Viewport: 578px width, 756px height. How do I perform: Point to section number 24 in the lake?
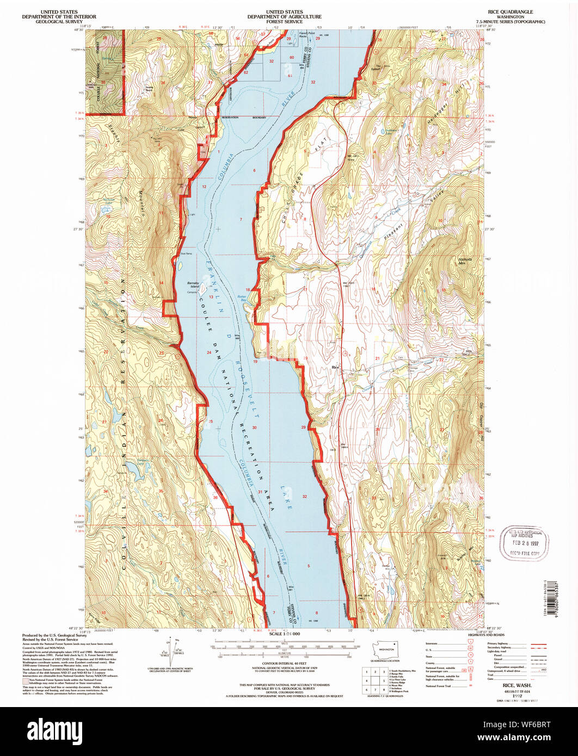click(209, 353)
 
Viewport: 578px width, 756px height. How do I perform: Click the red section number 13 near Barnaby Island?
click(211, 282)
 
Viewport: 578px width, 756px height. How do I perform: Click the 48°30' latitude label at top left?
click(82, 30)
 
